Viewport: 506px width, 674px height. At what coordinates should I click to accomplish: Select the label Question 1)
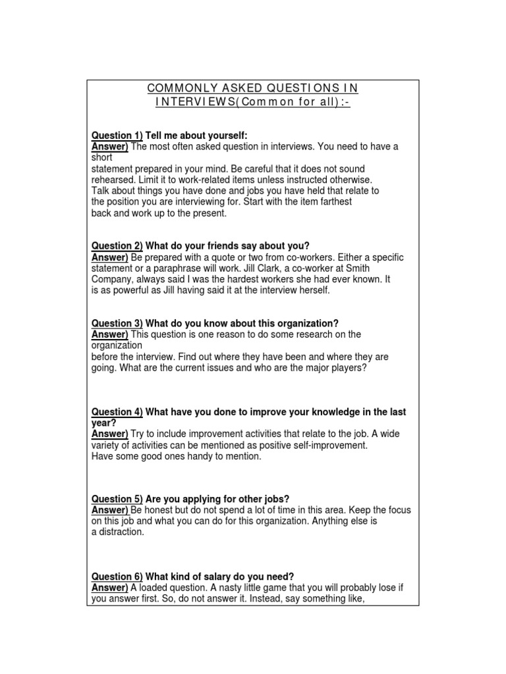[x=117, y=135]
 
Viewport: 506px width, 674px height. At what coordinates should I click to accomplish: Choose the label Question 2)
[x=117, y=246]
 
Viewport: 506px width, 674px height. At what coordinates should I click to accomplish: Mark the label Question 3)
[x=117, y=323]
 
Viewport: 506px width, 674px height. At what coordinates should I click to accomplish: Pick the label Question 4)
[x=117, y=412]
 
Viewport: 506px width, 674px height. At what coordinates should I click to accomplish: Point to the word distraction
[x=121, y=532]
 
